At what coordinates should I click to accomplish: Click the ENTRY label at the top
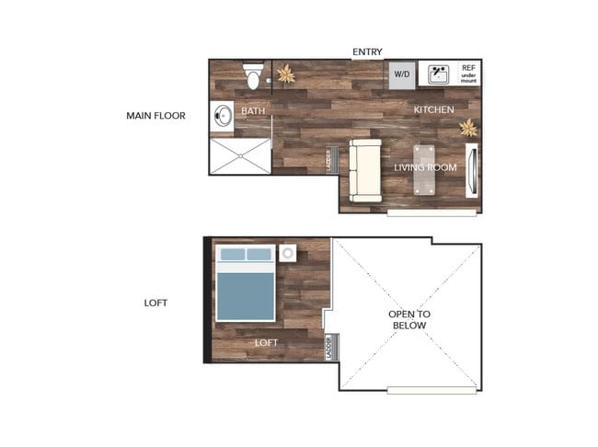(367, 52)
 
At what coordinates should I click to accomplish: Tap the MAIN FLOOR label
(155, 116)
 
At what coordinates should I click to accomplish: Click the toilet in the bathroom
(253, 76)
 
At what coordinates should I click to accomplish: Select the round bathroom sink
(224, 117)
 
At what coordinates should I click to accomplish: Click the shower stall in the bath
(240, 155)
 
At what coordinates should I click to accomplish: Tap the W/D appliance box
(402, 74)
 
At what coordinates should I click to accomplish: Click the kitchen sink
(437, 74)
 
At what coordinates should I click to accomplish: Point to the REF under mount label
(468, 74)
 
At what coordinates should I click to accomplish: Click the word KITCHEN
(433, 110)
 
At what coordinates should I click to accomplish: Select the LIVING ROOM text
(426, 167)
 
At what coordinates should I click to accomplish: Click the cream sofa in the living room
(364, 171)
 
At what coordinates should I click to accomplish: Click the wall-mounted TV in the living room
(471, 170)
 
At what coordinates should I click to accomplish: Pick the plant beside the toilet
(285, 74)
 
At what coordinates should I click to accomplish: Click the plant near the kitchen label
(468, 127)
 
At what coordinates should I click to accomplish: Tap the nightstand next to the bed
(287, 252)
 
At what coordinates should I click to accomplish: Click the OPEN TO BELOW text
(409, 320)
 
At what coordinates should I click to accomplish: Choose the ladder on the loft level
(329, 347)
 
